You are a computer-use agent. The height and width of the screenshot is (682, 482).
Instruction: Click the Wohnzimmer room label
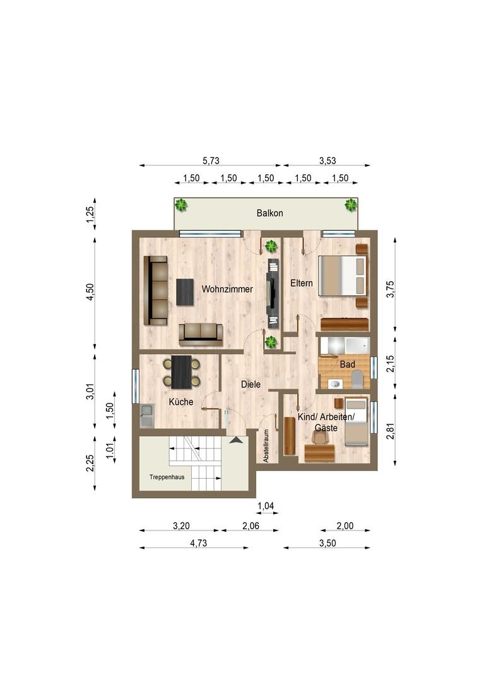coord(227,289)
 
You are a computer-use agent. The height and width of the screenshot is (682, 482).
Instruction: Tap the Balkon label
coord(269,213)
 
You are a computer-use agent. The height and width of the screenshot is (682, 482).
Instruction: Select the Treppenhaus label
coord(167,477)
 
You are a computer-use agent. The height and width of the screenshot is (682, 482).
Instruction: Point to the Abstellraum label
coord(266,446)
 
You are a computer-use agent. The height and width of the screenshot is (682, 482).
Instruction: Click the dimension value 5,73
coord(211,160)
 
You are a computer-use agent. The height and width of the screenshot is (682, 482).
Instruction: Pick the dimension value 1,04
coord(266,506)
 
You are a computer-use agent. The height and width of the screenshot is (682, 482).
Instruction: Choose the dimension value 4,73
coord(199,543)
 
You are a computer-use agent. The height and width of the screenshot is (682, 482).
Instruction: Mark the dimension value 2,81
coord(391,431)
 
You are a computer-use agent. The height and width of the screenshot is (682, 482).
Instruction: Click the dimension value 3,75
coord(391,289)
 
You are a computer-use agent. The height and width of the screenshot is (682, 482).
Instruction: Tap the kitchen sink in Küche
coord(147,416)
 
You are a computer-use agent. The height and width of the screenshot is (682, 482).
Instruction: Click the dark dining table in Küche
coord(181,373)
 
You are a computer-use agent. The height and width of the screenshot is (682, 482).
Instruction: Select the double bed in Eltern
coord(343,276)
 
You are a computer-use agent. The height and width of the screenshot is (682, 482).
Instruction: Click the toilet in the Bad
coord(358,380)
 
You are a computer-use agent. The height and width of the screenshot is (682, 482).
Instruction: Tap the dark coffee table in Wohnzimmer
coord(185,292)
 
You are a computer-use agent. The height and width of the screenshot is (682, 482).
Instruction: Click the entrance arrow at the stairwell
coord(236,440)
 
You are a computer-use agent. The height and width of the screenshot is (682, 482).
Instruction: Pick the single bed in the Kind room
coord(356,421)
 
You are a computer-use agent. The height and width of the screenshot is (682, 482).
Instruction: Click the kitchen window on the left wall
coord(135,386)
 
